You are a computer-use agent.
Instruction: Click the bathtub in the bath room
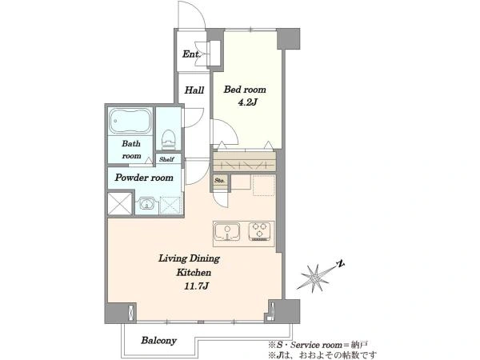pyautogui.click(x=130, y=121)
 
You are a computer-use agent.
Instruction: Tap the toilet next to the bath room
pyautogui.click(x=168, y=139)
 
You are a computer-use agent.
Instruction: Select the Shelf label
pyautogui.click(x=166, y=159)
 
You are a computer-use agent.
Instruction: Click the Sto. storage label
pyautogui.click(x=219, y=180)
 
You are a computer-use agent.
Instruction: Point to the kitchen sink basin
pyautogui.click(x=227, y=232)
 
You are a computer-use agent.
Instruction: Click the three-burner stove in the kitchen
pyautogui.click(x=259, y=231)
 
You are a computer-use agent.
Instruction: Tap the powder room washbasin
pyautogui.click(x=146, y=204)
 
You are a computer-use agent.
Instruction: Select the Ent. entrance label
pyautogui.click(x=191, y=54)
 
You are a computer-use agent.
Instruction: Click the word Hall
pyautogui.click(x=194, y=90)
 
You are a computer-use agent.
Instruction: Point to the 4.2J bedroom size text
pyautogui.click(x=247, y=102)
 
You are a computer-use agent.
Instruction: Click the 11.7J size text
pyautogui.click(x=197, y=286)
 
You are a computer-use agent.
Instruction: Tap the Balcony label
pyautogui.click(x=158, y=341)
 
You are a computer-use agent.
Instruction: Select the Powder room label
pyautogui.click(x=144, y=178)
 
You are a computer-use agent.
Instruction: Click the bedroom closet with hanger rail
pyautogui.click(x=244, y=162)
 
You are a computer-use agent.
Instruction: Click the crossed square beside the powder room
pyautogui.click(x=120, y=203)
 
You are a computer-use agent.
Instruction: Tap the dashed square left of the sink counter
pyautogui.click(x=171, y=206)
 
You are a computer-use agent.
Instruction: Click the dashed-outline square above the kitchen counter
pyautogui.click(x=263, y=185)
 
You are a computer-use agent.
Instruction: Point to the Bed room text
pyautogui.click(x=245, y=90)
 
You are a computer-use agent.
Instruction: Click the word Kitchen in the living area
pyautogui.click(x=194, y=272)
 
